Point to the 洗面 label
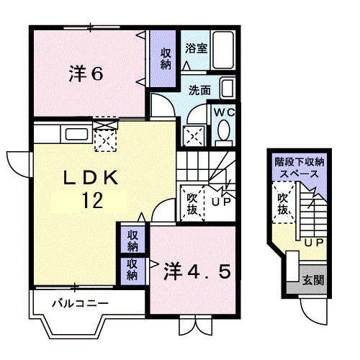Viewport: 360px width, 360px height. click(x=200, y=91)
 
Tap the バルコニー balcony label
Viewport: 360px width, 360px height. click(x=79, y=304)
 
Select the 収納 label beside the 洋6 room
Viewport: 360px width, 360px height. click(x=166, y=58)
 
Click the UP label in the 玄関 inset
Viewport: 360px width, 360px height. click(x=312, y=243)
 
